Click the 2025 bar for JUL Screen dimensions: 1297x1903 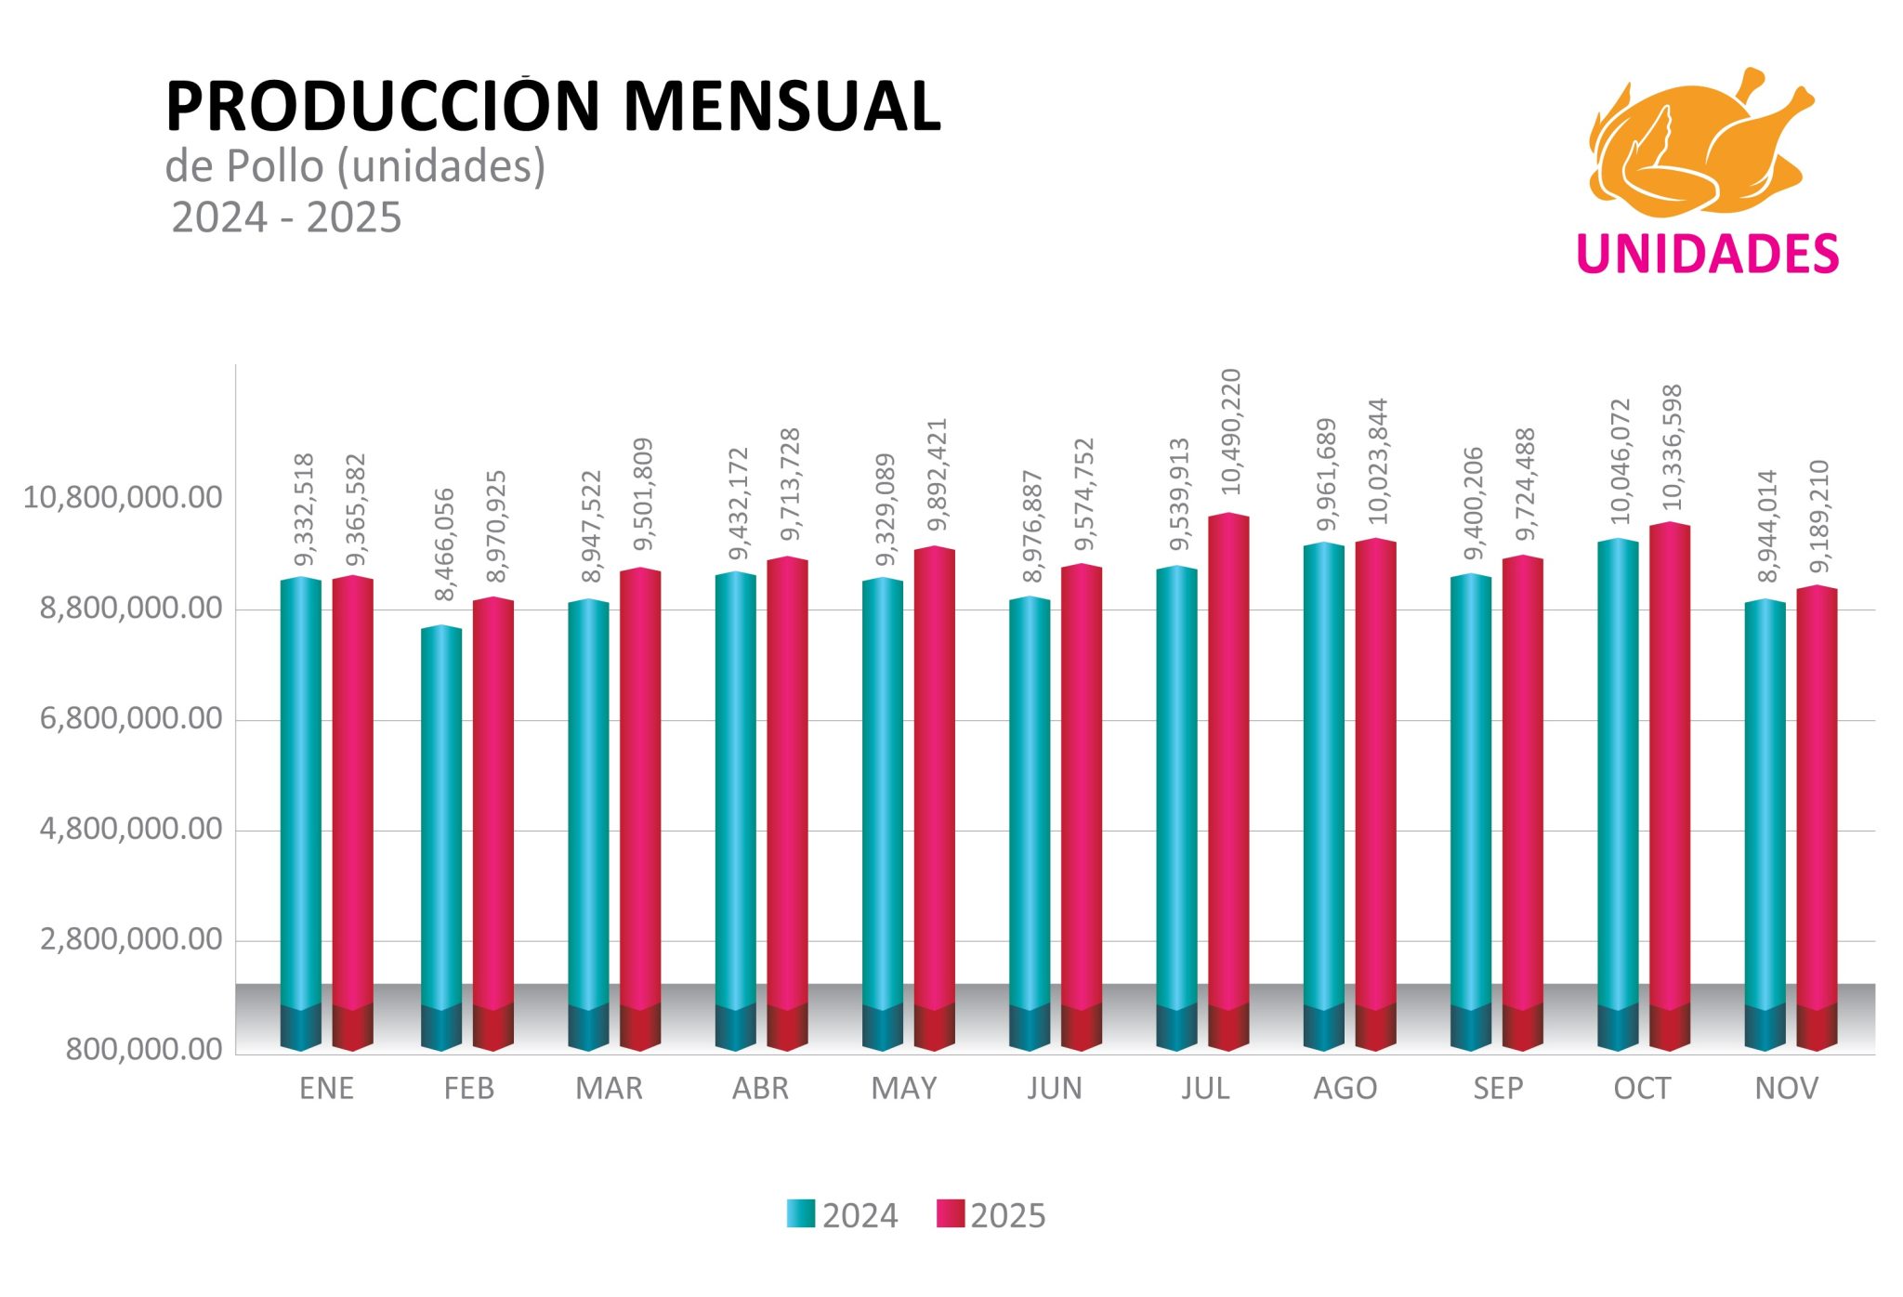click(1227, 780)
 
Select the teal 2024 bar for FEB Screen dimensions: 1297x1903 click(440, 836)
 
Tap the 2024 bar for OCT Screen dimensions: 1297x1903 click(1617, 790)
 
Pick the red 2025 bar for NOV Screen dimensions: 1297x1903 click(1816, 818)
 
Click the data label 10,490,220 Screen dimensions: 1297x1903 click(1230, 431)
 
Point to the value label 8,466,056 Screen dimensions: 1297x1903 click(445, 544)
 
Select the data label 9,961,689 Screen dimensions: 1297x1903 click(1327, 474)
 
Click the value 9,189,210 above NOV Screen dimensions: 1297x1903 click(1819, 516)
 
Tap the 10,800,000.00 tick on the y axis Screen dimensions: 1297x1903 click(123, 498)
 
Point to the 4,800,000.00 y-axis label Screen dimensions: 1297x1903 click(131, 829)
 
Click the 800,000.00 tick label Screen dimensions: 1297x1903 click(144, 1050)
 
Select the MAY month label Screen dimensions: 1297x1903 click(903, 1088)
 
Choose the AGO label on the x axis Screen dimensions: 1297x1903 click(1345, 1088)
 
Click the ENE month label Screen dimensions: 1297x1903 click(326, 1088)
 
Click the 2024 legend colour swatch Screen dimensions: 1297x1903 click(800, 1213)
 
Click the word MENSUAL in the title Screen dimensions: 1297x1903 click(781, 107)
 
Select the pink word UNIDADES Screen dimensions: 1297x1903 click(1707, 255)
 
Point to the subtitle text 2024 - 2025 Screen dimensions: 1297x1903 click(286, 218)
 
